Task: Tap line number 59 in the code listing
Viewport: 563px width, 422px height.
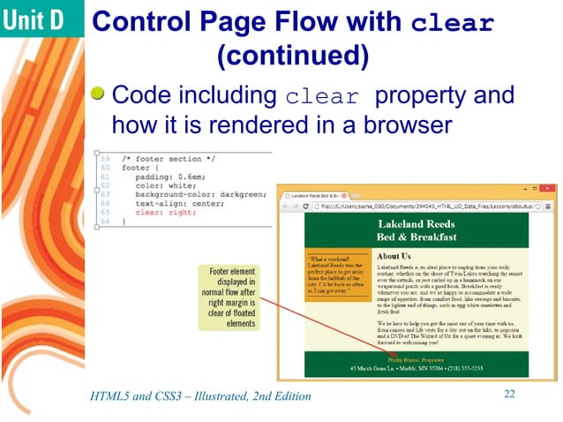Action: [104, 157]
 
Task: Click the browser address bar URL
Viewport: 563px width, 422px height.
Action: [424, 207]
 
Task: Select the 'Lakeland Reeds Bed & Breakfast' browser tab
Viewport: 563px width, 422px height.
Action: [316, 192]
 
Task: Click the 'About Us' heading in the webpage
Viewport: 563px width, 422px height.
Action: [394, 256]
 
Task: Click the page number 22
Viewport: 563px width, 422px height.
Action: [508, 394]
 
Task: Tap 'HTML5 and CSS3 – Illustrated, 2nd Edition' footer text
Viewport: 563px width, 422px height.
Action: [201, 396]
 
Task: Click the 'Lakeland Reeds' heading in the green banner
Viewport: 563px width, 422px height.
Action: [416, 224]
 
